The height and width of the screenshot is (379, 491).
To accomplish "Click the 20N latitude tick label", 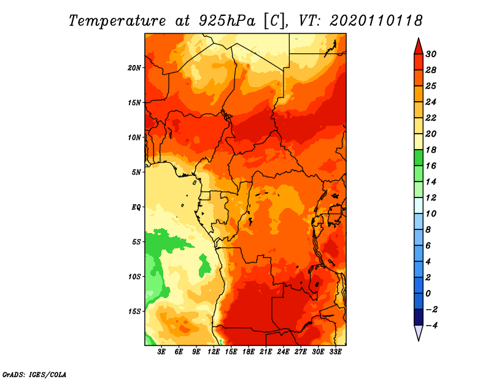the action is point(134,68).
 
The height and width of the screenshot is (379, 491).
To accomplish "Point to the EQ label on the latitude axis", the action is point(136,207).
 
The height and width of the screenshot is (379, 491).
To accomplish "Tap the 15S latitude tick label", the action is point(134,312).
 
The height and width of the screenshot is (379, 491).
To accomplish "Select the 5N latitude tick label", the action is point(136,172).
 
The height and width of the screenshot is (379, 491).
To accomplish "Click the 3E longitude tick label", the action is point(161,352).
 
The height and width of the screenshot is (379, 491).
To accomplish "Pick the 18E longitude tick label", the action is point(249,352).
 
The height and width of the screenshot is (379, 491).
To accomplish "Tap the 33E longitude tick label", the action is point(335,352).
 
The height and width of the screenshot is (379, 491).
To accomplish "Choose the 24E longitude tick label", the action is point(283,352).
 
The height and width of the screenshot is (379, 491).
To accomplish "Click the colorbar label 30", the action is point(431,54).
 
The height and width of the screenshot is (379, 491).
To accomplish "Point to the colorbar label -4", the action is point(431,326).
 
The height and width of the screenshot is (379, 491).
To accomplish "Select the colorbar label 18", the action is point(431,150).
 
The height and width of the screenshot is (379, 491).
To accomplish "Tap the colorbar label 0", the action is point(428,294).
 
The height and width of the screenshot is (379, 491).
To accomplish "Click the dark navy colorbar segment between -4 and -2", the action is point(419,317).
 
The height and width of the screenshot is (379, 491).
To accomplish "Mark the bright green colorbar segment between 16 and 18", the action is point(419,158).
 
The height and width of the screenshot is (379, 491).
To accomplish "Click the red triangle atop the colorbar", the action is point(419,47).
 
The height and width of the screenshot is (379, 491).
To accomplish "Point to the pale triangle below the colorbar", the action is point(419,332).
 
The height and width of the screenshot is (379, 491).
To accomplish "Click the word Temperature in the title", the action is point(117,21).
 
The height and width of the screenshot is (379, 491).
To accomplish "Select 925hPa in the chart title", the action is point(226,21).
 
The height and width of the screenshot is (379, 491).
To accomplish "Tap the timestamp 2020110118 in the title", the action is point(376,21).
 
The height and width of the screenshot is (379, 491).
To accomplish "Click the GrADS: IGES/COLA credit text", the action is point(34,375).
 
